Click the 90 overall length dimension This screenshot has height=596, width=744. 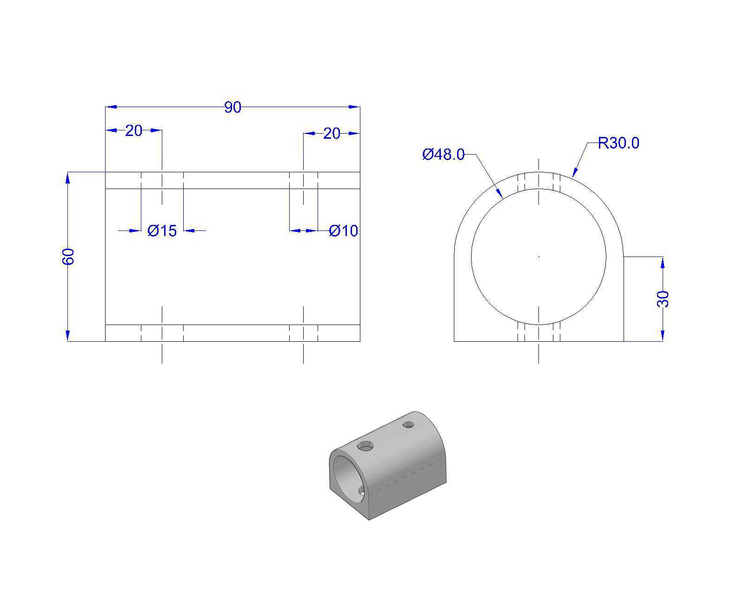point(232,108)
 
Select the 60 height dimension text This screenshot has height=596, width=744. point(68,257)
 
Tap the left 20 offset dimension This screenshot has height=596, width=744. point(133,130)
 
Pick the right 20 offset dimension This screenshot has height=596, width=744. point(332,133)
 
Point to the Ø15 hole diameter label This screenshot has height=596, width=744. point(162,230)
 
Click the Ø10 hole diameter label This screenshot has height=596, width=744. point(343,230)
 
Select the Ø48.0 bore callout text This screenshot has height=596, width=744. point(443,155)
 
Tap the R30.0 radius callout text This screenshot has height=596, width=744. point(618,142)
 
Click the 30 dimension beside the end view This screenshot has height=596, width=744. point(663,299)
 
